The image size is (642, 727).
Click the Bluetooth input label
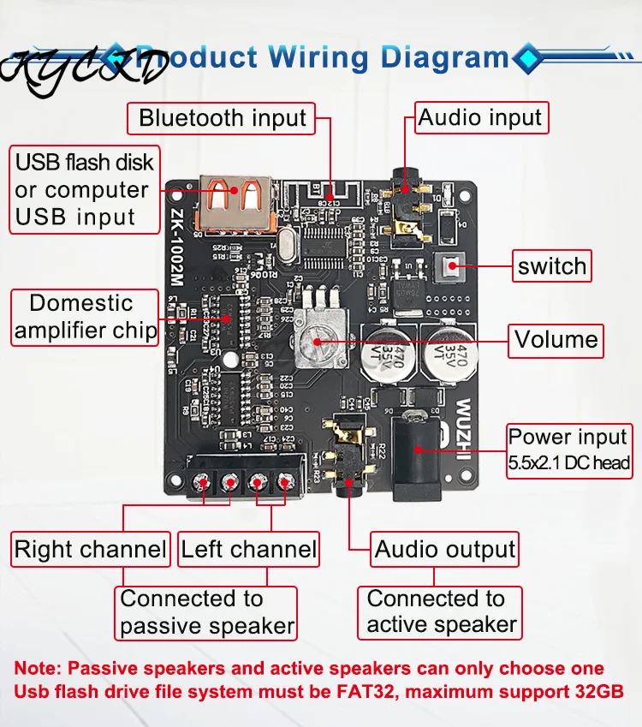[223, 118]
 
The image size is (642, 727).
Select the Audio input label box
[480, 118]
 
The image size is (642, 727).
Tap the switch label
[552, 265]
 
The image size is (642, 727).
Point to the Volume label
[556, 340]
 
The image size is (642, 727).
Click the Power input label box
[569, 450]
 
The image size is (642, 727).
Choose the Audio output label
[445, 550]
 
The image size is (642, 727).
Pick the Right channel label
[91, 550]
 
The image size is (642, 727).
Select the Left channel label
[249, 550]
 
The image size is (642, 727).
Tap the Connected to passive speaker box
[206, 612]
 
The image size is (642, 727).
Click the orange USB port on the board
[239, 204]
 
